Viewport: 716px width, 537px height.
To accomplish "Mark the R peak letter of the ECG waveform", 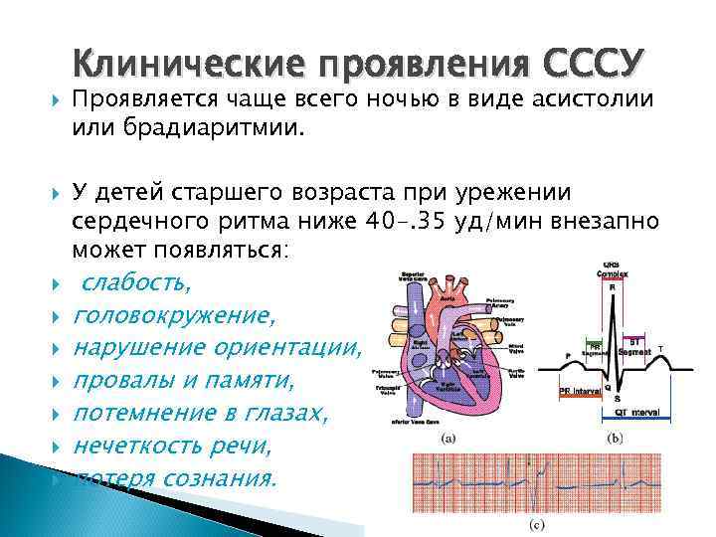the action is tap(614, 287).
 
